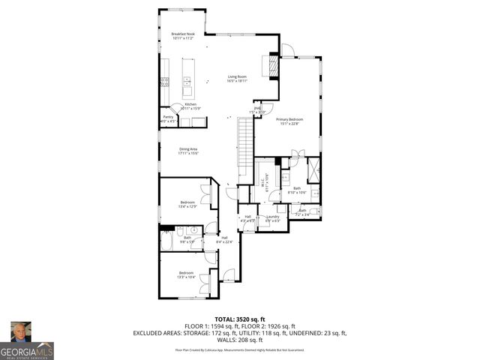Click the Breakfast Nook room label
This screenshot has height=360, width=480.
[x=182, y=35]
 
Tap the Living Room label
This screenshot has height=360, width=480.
[x=238, y=78]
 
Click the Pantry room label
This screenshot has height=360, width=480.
[x=168, y=118]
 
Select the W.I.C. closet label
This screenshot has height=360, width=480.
[x=264, y=180]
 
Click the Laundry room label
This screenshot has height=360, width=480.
[x=272, y=218]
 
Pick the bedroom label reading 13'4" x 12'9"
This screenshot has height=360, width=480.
[x=187, y=204]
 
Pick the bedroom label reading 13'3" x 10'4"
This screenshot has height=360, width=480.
[x=186, y=274]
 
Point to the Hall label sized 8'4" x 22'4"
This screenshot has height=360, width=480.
[x=224, y=239]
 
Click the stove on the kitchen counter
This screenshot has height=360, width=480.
[x=163, y=81]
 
